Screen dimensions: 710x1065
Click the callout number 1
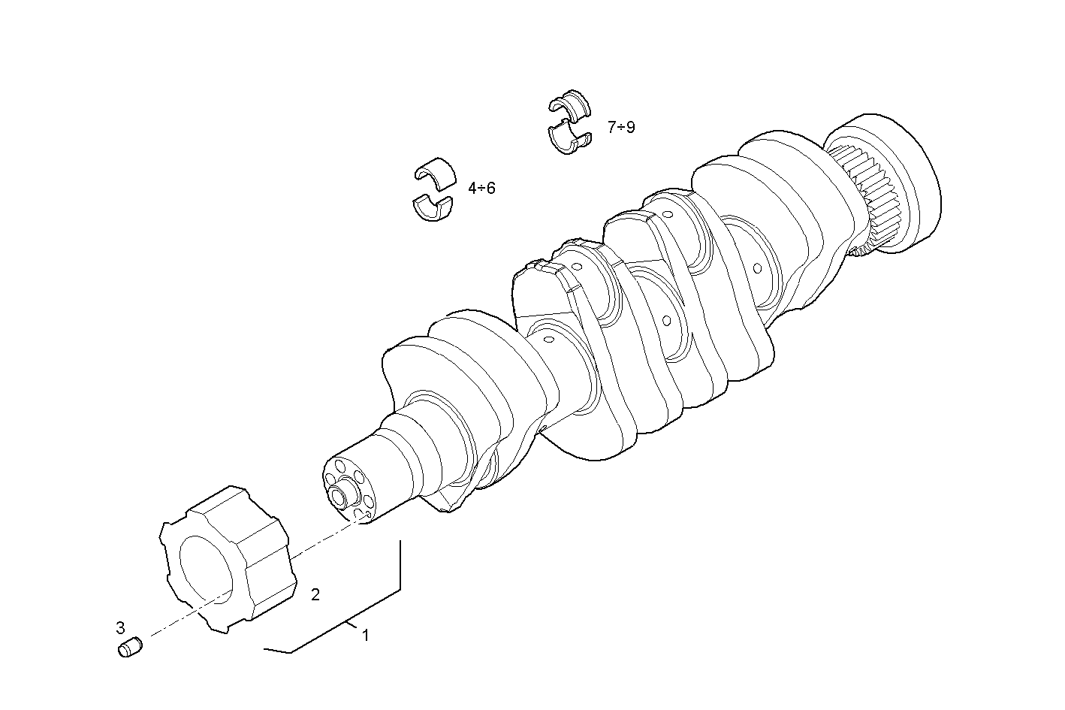pos(366,636)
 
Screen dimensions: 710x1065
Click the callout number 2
pos(315,595)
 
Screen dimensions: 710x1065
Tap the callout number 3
pos(120,627)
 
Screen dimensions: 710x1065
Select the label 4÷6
pos(481,188)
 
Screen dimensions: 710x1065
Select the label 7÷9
pos(621,127)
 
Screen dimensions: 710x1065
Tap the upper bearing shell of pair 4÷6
pos(436,171)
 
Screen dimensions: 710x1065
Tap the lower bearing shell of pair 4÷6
pos(433,208)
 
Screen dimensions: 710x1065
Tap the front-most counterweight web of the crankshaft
pos(458,376)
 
